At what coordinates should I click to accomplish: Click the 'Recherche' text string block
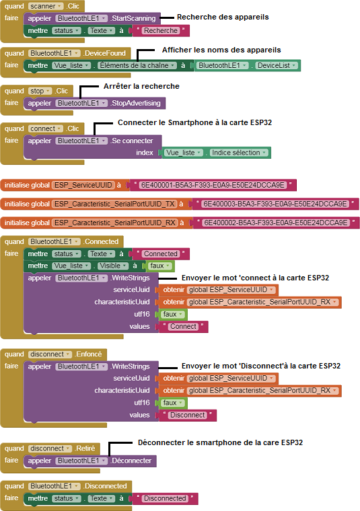161,31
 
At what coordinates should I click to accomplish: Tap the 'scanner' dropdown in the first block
46,6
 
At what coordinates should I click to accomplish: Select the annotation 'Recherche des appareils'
223,17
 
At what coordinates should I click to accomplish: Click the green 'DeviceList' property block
277,65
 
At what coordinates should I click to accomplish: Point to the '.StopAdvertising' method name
135,104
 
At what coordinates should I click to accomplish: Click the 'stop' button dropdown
40,91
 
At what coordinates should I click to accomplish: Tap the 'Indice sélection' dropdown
239,153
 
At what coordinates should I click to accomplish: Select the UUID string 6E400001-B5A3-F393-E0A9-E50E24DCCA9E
213,185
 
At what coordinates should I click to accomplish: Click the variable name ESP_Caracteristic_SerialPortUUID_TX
114,204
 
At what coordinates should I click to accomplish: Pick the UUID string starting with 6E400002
275,223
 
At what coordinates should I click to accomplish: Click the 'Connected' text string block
161,254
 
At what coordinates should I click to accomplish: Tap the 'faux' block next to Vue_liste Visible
159,266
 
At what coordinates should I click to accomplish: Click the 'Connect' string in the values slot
183,327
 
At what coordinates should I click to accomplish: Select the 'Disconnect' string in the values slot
188,416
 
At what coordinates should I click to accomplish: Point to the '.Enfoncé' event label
88,354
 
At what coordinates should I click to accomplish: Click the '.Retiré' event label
85,448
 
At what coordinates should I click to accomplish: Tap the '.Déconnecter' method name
131,461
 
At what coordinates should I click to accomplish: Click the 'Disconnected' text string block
165,499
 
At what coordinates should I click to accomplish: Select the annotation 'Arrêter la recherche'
141,86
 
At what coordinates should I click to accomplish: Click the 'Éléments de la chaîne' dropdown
137,65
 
